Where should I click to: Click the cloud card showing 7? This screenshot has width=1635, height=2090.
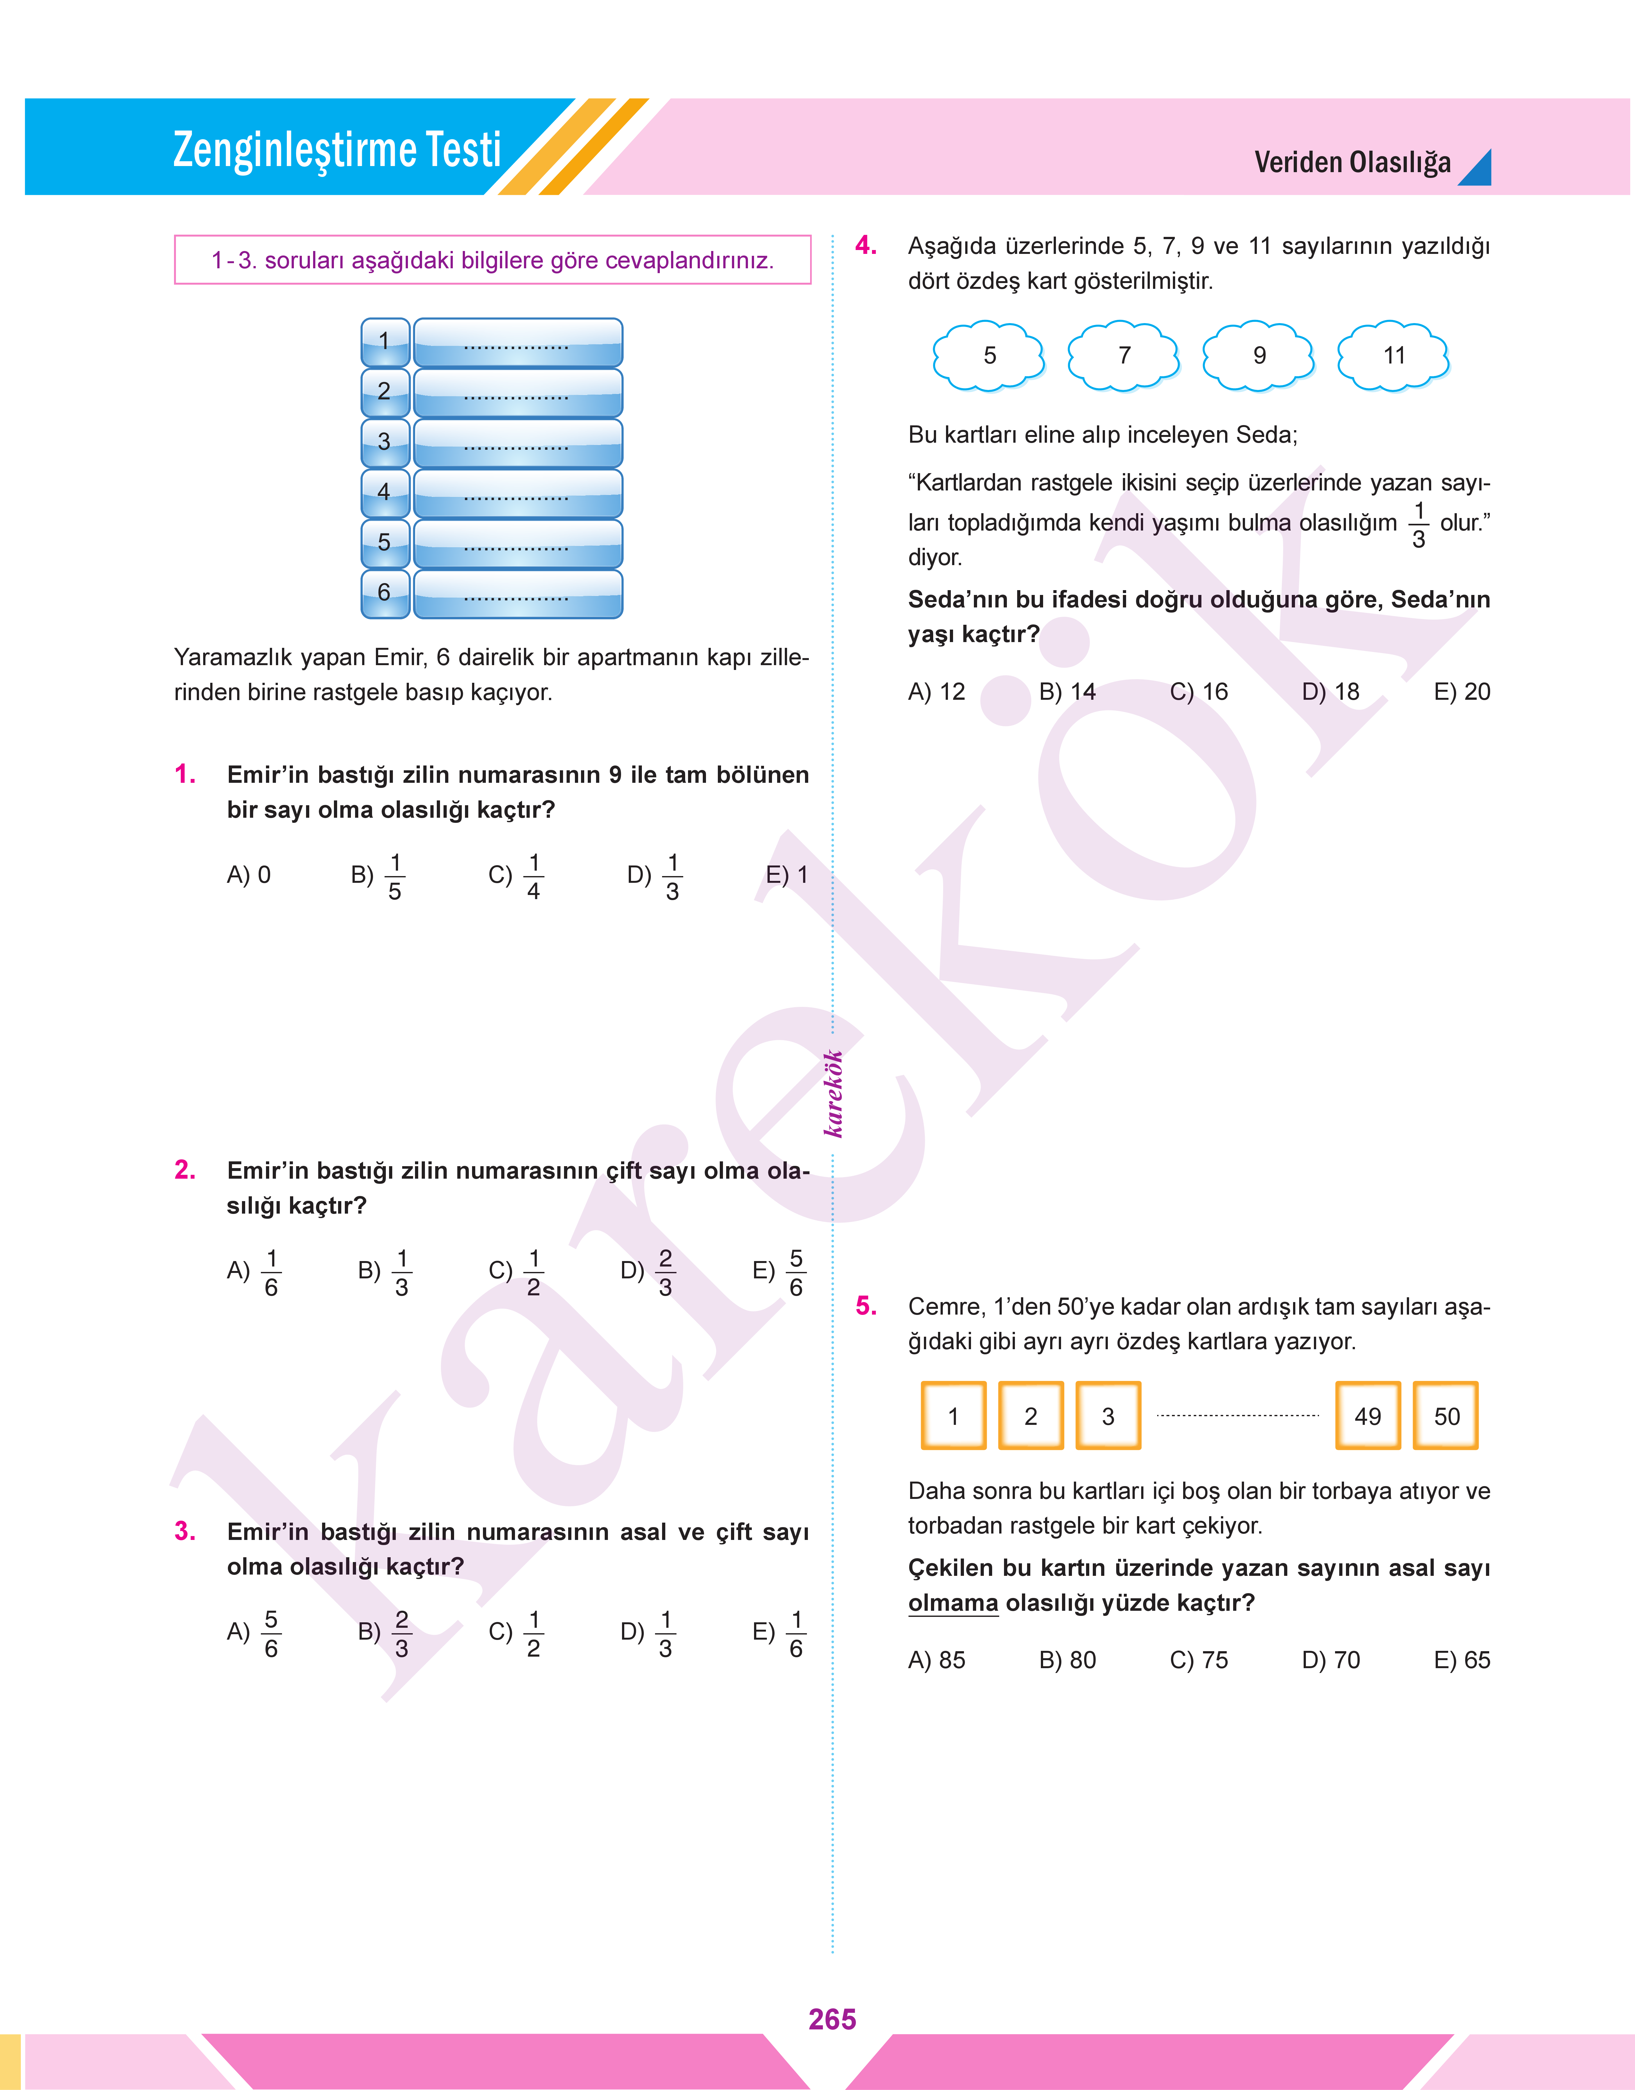tap(1124, 356)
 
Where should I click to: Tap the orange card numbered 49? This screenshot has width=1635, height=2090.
tap(1367, 1416)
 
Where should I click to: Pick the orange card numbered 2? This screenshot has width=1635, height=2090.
tap(1030, 1416)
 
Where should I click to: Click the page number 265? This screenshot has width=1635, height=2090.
tap(832, 2019)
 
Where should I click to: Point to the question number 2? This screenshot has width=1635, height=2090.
tap(185, 1170)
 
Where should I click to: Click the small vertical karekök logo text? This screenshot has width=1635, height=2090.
tap(834, 1093)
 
